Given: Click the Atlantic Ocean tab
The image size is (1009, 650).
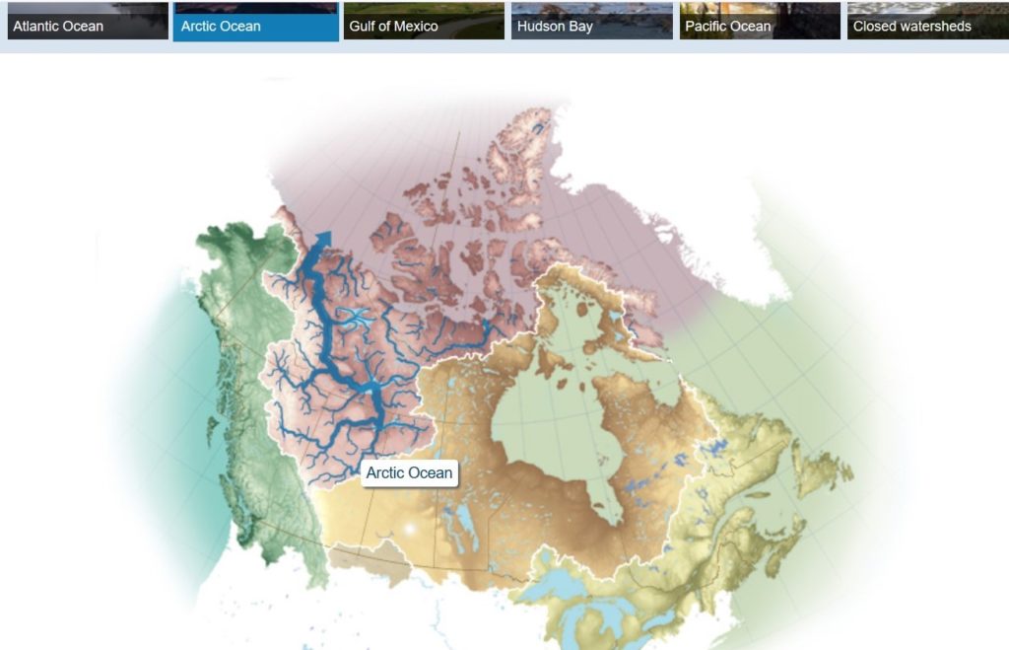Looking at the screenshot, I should pyautogui.click(x=88, y=21).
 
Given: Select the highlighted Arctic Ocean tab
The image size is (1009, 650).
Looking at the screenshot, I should pyautogui.click(x=255, y=21).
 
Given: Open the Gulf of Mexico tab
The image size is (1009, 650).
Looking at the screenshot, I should pyautogui.click(x=424, y=21).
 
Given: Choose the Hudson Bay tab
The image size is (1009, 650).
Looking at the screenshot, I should pyautogui.click(x=591, y=21).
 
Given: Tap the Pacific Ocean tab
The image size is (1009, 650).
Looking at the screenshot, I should pyautogui.click(x=760, y=21).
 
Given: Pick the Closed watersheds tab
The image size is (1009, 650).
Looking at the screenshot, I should pyautogui.click(x=927, y=21).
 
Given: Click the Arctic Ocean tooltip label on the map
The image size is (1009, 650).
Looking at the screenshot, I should pyautogui.click(x=409, y=472).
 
